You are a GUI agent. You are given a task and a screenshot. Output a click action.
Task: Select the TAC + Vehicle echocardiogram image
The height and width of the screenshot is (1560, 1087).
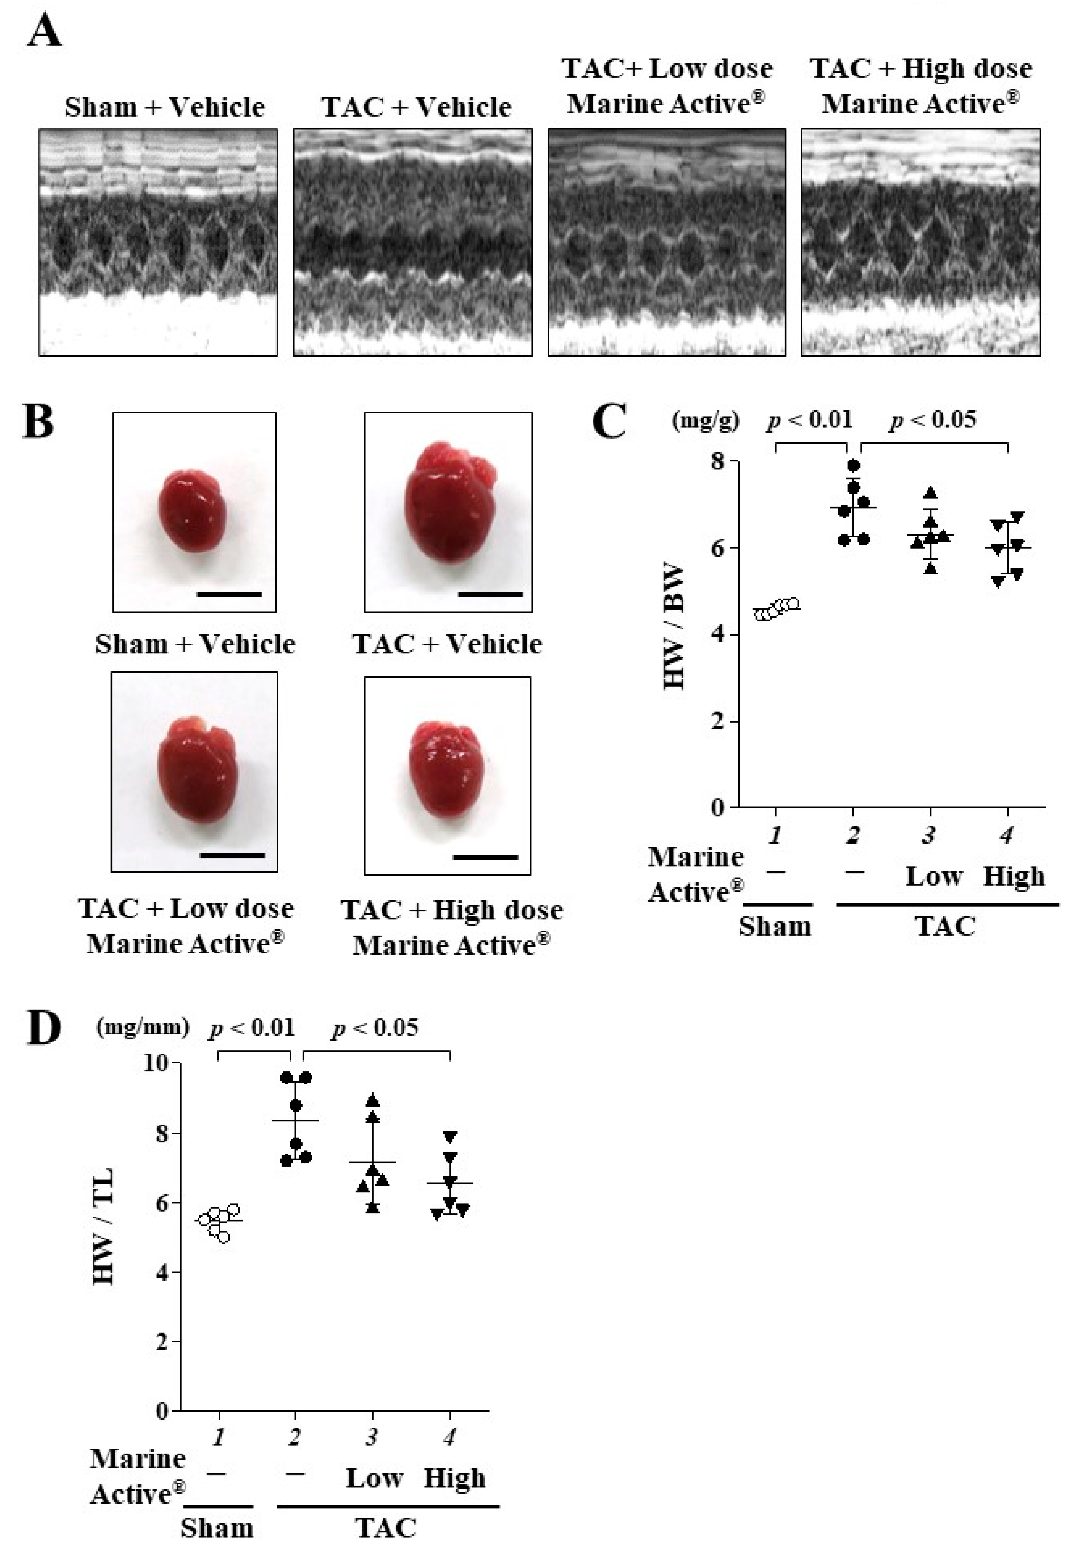click(412, 241)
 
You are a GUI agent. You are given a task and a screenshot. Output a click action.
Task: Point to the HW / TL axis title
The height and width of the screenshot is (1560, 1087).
click(103, 1226)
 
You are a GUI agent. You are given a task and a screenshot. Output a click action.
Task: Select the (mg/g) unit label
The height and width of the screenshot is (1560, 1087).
click(704, 421)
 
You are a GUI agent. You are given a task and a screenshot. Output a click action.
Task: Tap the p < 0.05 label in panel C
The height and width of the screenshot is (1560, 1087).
click(934, 420)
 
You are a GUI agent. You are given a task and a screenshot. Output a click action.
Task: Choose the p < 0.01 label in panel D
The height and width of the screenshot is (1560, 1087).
click(252, 1027)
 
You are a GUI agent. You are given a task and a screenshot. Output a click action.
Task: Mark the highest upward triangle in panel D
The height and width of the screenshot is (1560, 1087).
click(372, 1101)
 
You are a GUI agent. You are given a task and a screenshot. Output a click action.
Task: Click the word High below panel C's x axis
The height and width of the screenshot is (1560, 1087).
click(1014, 877)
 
